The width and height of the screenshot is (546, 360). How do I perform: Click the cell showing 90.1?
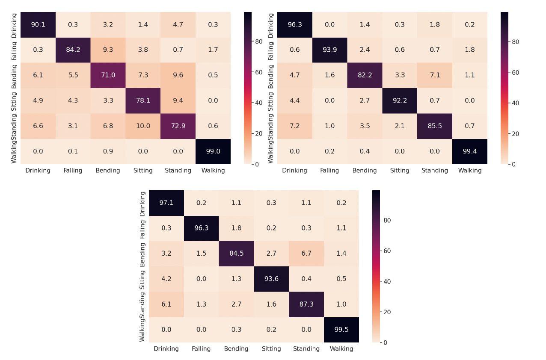point(38,24)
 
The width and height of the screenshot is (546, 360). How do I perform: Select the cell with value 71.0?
point(108,75)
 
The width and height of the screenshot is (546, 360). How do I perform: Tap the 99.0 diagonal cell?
point(213,151)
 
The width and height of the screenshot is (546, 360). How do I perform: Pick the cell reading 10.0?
point(143,126)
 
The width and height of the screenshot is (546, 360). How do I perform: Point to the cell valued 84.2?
point(73,50)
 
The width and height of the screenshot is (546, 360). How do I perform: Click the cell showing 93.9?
point(329,50)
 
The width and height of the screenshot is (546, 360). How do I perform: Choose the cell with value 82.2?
point(365,75)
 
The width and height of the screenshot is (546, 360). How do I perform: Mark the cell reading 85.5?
point(435,126)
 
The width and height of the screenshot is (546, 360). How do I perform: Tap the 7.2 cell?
point(294,126)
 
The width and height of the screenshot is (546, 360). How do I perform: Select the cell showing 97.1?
point(166,203)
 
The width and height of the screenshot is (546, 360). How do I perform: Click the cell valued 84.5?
point(236,254)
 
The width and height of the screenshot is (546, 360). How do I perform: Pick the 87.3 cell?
point(306,304)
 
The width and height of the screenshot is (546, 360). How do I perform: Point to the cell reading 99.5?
point(341,330)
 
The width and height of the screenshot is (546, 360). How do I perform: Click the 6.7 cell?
point(306,254)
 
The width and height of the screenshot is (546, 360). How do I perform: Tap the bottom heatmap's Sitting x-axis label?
point(271,349)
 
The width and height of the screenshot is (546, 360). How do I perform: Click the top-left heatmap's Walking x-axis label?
point(213,171)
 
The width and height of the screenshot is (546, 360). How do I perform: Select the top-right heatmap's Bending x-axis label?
point(365,171)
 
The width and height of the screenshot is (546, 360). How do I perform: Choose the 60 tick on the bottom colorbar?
point(388,251)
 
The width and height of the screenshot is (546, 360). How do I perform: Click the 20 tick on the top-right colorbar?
point(516,134)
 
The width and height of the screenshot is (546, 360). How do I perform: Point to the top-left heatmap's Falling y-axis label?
point(15,50)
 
